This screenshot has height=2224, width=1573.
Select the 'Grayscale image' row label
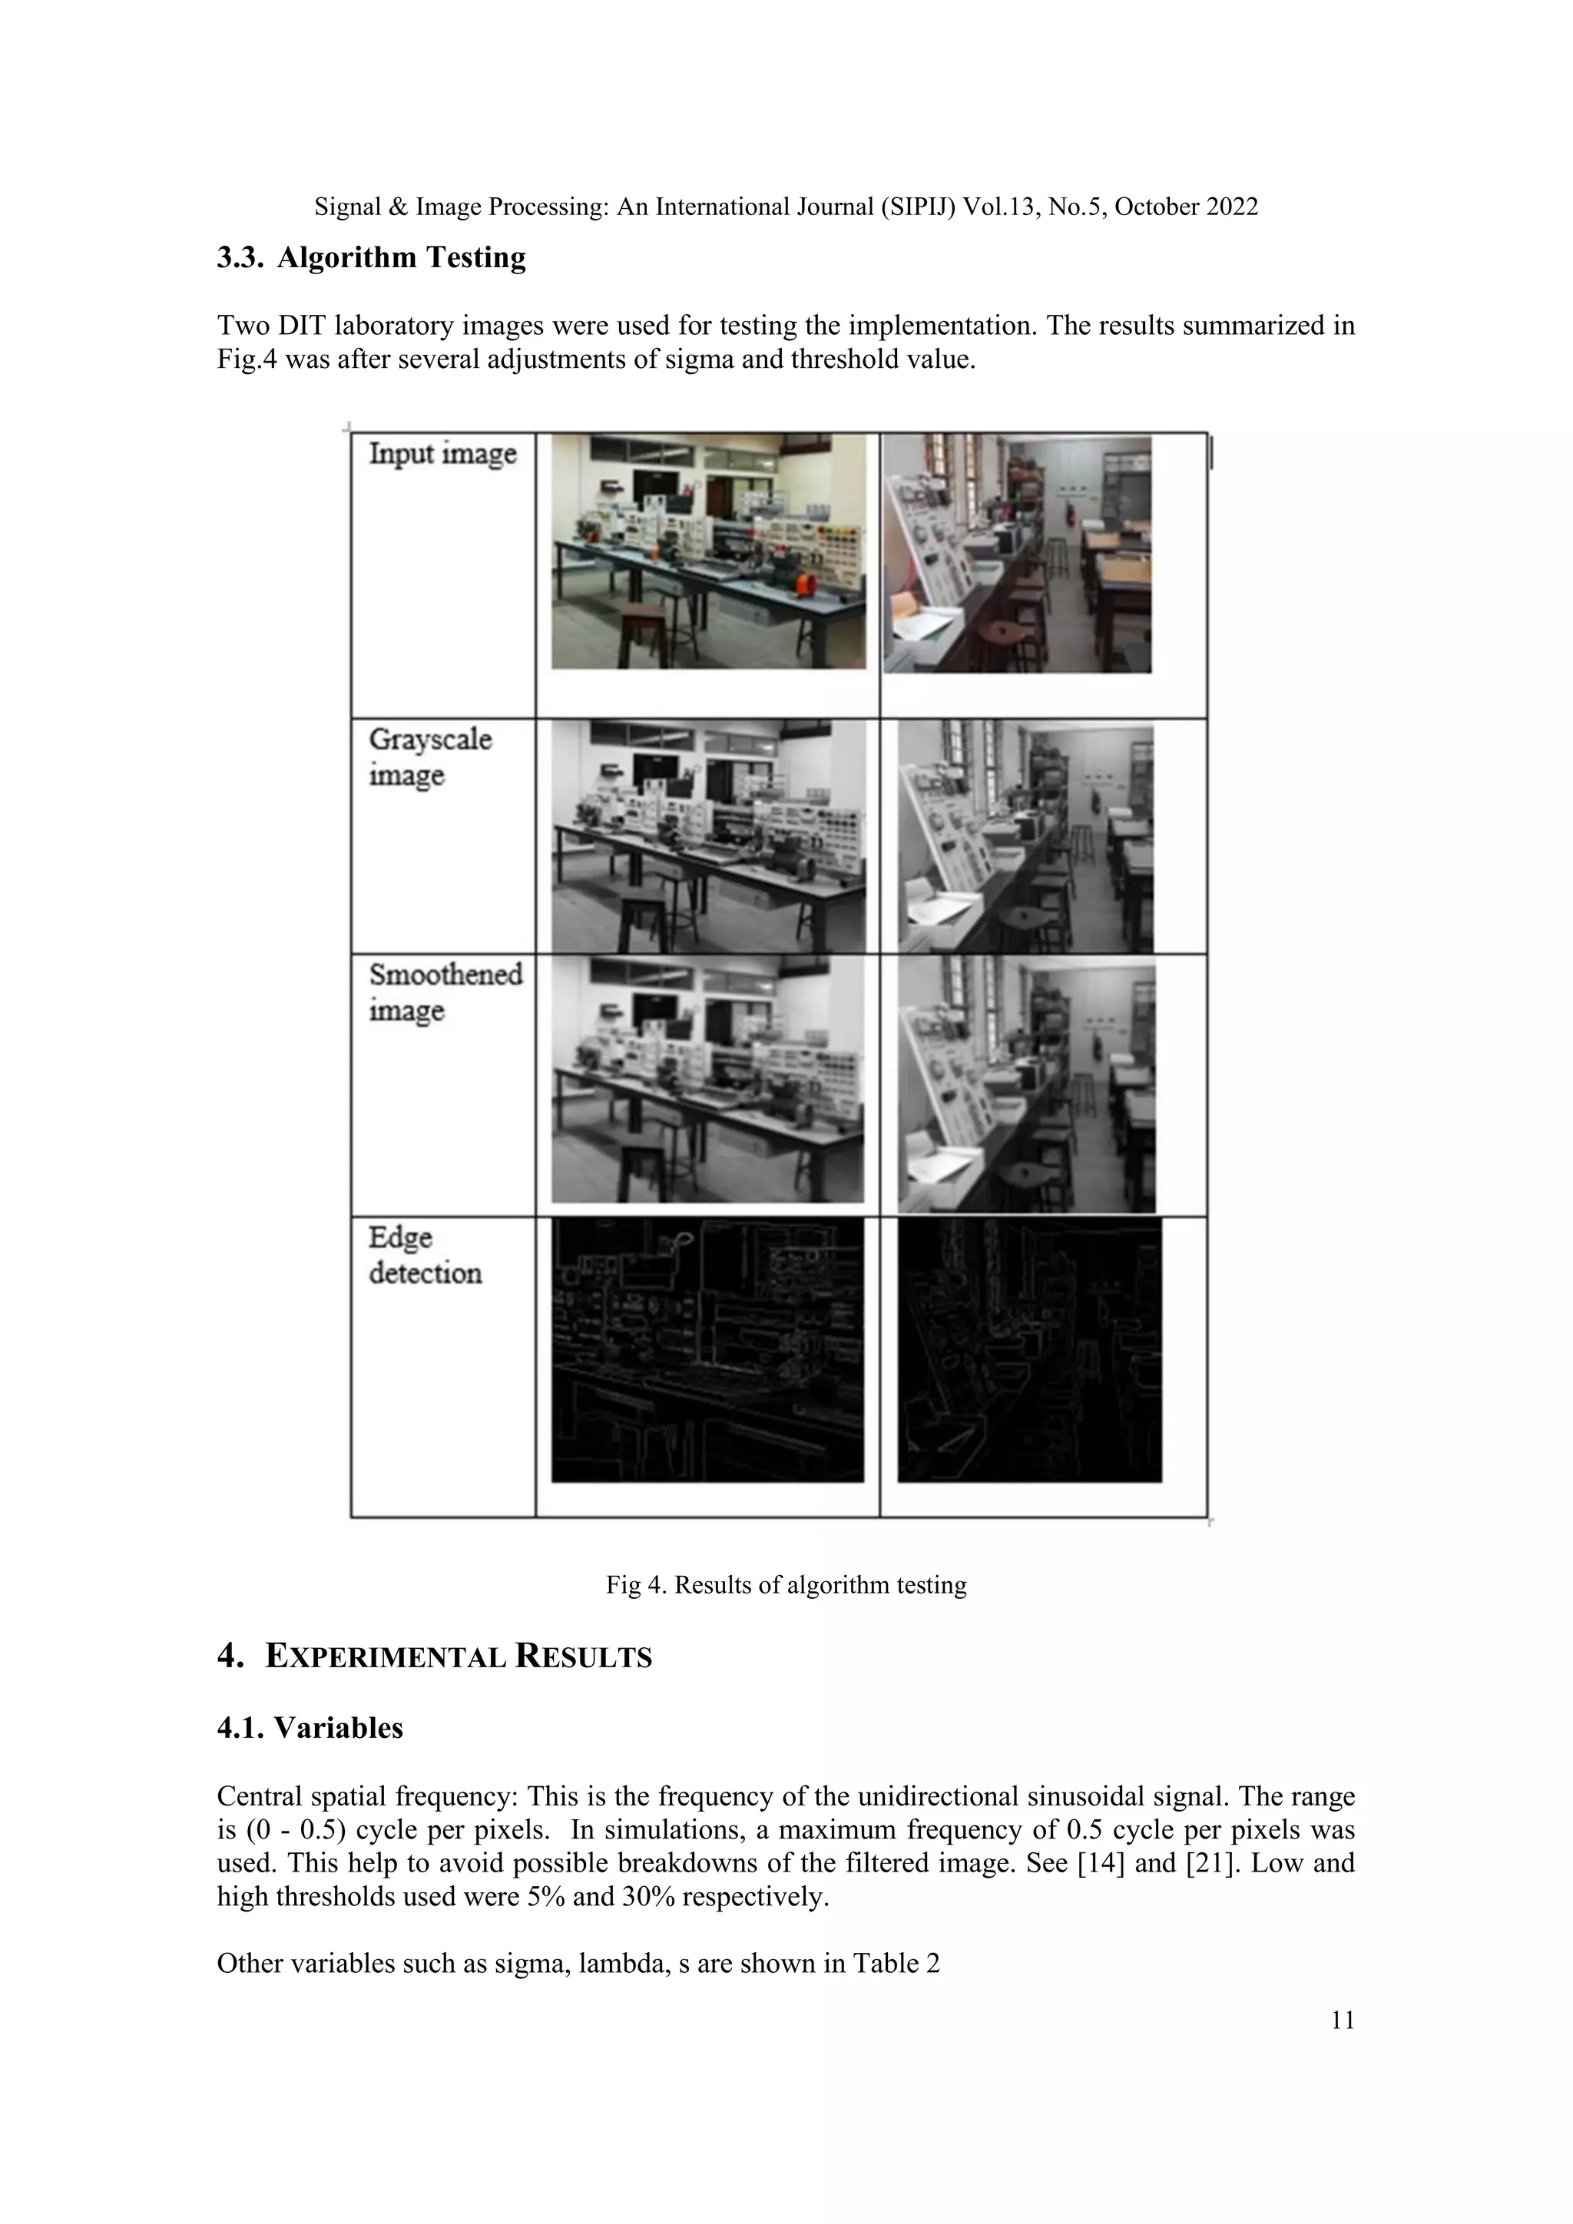coord(429,756)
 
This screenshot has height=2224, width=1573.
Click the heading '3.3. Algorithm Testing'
coord(371,258)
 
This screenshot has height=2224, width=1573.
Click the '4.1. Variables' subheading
coord(310,1728)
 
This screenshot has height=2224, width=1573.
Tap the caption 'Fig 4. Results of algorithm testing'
coord(786,1585)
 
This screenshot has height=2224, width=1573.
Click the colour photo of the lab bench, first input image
coord(708,551)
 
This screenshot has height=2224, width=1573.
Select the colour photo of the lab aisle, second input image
coord(1017,554)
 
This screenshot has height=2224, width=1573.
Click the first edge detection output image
coord(707,1349)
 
